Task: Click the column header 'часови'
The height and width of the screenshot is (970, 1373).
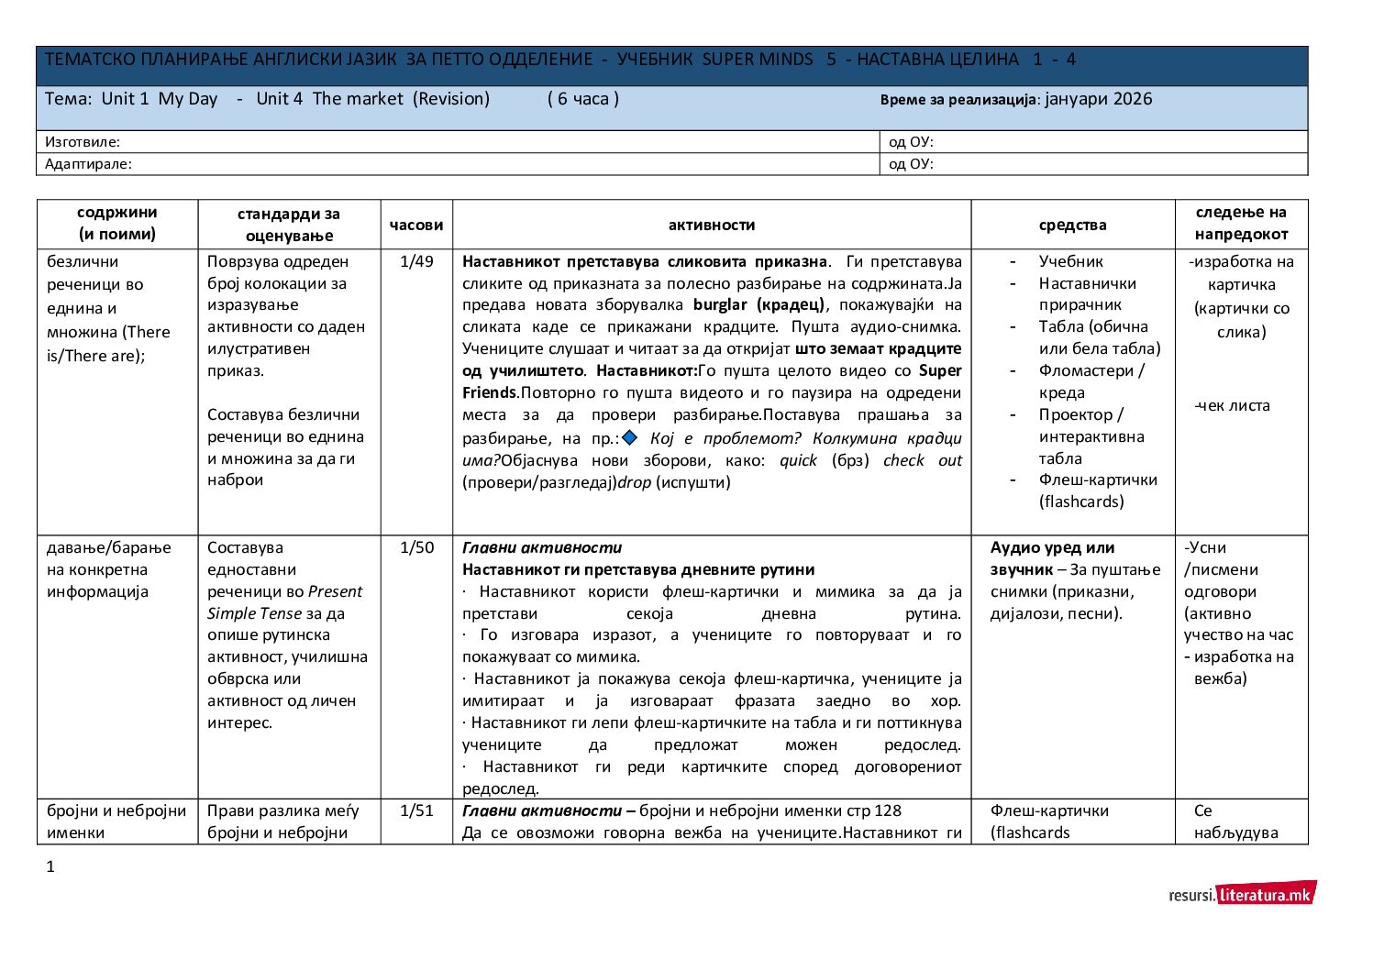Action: point(416,225)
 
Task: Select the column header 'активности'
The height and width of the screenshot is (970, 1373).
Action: point(712,225)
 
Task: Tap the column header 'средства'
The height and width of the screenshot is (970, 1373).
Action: point(1072,225)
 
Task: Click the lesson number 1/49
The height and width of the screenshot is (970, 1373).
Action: point(416,261)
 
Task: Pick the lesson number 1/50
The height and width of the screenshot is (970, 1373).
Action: point(416,547)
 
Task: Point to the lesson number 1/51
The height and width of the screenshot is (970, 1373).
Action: point(416,810)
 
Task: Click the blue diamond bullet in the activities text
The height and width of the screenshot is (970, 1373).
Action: point(629,437)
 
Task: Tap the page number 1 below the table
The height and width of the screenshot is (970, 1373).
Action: point(50,866)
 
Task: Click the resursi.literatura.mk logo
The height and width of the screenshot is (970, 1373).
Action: point(1242,894)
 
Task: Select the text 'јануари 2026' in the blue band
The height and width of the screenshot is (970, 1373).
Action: point(1098,99)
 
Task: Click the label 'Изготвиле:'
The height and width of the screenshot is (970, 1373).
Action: point(83,142)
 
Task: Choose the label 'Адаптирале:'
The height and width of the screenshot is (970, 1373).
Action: point(88,164)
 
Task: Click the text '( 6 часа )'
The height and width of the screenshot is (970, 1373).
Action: point(582,99)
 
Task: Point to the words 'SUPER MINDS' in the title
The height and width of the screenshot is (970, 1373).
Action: point(757,60)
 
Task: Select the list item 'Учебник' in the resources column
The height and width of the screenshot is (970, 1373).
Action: point(1070,261)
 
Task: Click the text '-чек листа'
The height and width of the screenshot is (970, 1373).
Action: point(1232,405)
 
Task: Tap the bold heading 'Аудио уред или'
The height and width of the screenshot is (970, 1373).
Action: point(1052,547)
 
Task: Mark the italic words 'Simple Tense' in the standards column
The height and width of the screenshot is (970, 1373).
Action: point(254,613)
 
